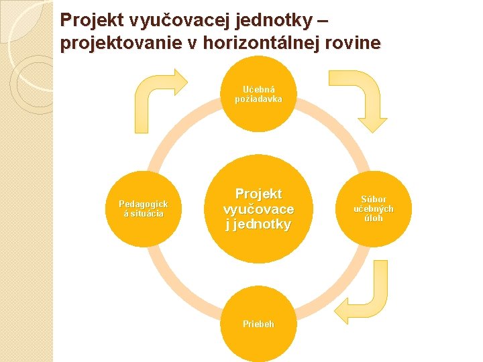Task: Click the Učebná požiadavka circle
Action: tap(258, 94)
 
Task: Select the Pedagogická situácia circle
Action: tap(144, 208)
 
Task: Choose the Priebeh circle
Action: tap(258, 324)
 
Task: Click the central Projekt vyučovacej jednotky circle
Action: tap(258, 208)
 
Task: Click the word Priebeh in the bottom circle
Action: tap(258, 324)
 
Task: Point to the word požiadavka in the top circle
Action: tap(258, 99)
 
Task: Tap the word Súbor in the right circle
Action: tap(373, 200)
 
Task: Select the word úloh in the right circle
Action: tap(373, 218)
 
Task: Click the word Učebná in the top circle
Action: tap(258, 89)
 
